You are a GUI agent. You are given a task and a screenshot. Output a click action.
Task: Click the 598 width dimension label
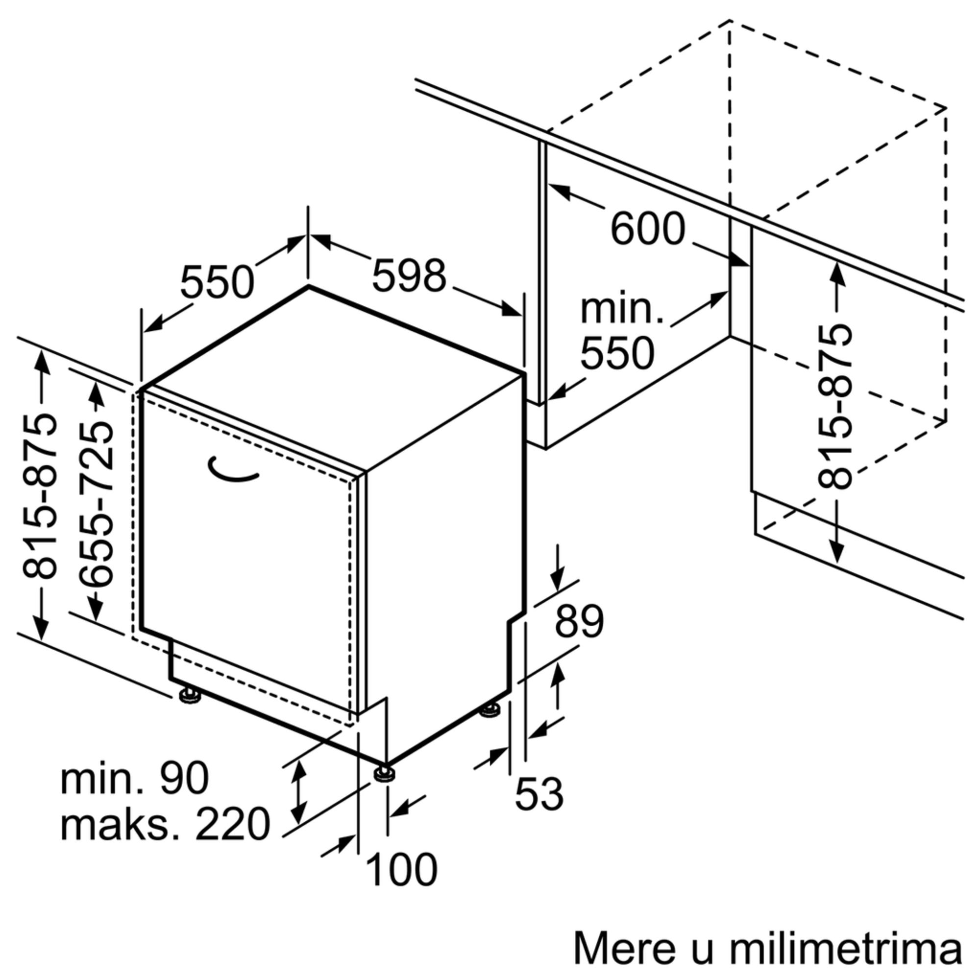[x=409, y=276]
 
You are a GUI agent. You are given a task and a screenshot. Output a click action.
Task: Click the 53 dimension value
[x=539, y=794]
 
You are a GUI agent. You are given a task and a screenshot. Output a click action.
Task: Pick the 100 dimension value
[x=401, y=870]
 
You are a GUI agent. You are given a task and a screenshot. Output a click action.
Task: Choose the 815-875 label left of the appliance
[x=40, y=496]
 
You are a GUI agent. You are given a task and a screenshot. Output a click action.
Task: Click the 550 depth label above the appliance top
[x=217, y=282]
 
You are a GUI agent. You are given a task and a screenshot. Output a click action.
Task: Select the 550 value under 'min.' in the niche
[x=617, y=354]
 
